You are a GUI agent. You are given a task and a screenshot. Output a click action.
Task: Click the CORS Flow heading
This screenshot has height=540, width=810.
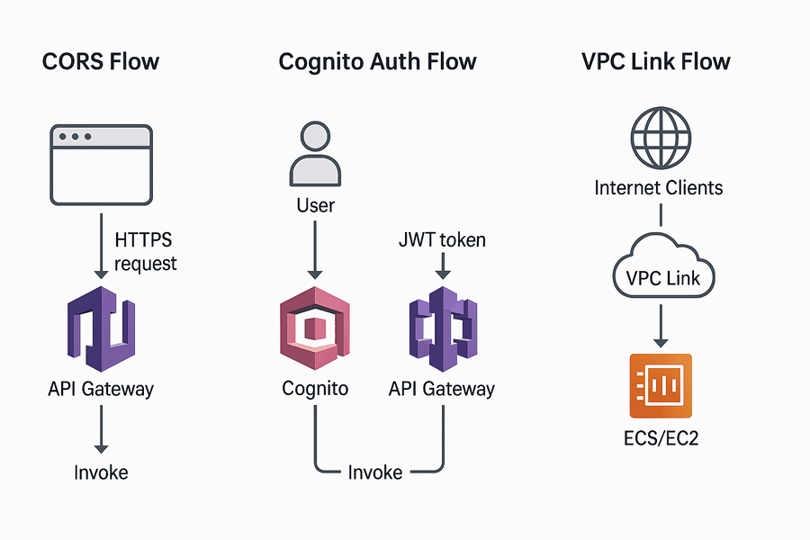(101, 62)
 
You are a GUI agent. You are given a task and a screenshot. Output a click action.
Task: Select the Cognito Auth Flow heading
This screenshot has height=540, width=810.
(377, 62)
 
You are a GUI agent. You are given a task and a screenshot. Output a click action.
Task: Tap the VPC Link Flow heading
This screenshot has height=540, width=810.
(656, 62)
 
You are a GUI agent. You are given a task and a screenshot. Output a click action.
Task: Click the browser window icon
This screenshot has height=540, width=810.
(101, 165)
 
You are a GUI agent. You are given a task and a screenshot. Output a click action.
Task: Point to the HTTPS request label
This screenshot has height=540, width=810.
(146, 252)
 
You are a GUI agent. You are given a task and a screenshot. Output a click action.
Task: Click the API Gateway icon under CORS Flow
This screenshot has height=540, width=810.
(100, 329)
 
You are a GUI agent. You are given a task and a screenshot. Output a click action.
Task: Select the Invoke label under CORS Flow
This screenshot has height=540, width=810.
(101, 472)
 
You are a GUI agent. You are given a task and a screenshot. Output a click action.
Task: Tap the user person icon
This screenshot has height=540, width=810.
(315, 155)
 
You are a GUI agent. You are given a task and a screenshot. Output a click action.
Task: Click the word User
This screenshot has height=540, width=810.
(315, 205)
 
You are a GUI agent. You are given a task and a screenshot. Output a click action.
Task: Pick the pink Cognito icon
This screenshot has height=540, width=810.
(315, 329)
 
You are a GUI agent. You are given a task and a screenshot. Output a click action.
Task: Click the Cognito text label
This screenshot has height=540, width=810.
(315, 389)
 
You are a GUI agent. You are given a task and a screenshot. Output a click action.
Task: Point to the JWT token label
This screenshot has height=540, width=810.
(441, 239)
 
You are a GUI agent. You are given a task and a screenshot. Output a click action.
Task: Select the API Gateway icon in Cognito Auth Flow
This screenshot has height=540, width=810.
(441, 329)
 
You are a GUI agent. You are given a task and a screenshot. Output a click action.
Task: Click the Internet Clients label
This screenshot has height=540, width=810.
(659, 188)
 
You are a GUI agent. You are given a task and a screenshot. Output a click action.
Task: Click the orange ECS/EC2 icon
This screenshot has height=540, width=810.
(661, 385)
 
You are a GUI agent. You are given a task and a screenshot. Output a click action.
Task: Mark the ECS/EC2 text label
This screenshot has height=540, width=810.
(661, 441)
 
